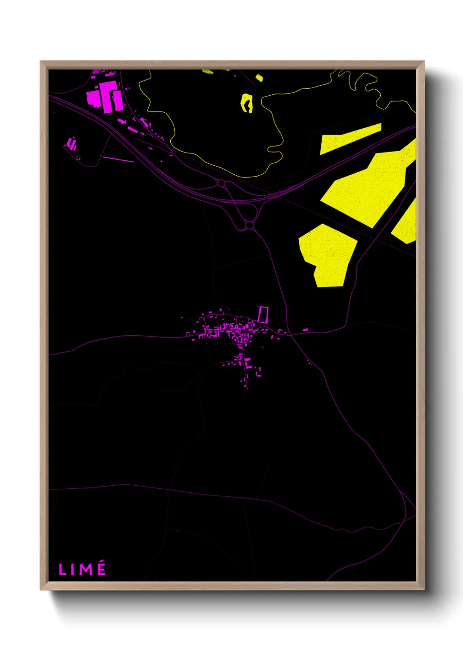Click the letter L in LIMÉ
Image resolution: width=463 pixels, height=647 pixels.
[62, 570]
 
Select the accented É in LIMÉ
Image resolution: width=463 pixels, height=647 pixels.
[101, 568]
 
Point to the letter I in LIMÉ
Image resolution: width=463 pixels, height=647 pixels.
[73, 570]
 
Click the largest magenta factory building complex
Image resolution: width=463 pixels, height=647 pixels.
[105, 96]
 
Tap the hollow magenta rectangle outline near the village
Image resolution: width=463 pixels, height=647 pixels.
[263, 314]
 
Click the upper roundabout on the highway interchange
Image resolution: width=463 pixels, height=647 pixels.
[221, 183]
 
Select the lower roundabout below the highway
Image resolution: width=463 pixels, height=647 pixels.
[249, 225]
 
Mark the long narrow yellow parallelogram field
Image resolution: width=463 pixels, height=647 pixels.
[350, 138]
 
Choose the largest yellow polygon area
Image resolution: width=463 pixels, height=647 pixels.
[368, 188]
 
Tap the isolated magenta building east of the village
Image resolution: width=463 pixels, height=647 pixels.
[305, 329]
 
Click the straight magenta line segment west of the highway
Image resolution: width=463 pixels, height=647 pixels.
[118, 160]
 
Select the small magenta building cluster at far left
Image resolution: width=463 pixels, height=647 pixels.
[72, 144]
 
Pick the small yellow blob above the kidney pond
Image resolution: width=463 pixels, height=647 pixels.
[259, 78]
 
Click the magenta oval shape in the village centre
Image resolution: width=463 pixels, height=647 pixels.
[247, 326]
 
